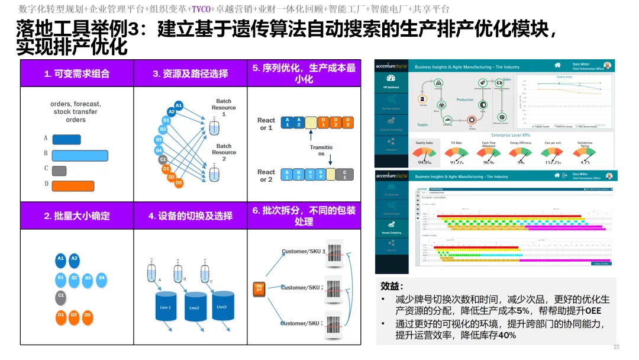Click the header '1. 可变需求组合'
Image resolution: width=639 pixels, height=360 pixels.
[77, 74]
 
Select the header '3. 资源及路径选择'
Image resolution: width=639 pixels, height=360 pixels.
[190, 74]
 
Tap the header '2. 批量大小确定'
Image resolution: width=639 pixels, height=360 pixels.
[77, 216]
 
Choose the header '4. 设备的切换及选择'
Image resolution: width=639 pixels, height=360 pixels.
[190, 216]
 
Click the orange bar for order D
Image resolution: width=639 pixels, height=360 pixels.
[73, 185]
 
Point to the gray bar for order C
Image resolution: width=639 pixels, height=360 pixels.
[59, 171]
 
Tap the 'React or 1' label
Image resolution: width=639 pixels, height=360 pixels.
[266, 124]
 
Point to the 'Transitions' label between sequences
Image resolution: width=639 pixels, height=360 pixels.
[321, 150]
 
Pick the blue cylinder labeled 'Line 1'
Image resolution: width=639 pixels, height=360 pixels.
[166, 307]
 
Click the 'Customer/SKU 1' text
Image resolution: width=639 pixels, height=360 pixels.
[304, 252]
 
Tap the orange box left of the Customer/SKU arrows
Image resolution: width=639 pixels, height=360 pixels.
[259, 288]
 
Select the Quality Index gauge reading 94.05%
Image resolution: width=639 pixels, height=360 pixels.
[424, 155]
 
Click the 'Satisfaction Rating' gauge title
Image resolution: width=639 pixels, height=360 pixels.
[585, 144]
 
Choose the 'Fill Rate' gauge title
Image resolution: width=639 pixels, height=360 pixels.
[456, 143]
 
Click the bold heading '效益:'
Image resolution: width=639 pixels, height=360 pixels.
[392, 286]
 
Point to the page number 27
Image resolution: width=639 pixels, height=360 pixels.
[616, 346]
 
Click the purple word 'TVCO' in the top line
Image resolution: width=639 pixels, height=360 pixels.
[201, 9]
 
